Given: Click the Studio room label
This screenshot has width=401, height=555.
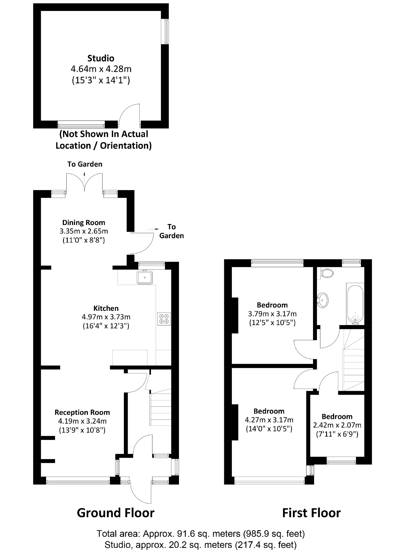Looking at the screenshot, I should pyautogui.click(x=101, y=58).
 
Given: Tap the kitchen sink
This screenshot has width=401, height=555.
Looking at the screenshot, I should pyautogui.click(x=144, y=278).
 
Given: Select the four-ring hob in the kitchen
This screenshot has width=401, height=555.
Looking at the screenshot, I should pyautogui.click(x=164, y=319).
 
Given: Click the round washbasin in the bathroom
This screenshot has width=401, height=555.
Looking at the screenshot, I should pyautogui.click(x=323, y=300).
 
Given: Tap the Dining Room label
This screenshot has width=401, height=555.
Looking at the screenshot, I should pyautogui.click(x=84, y=222).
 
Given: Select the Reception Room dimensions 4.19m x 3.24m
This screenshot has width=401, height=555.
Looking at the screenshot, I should pyautogui.click(x=82, y=421).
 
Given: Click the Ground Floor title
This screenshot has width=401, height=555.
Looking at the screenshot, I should pyautogui.click(x=115, y=513).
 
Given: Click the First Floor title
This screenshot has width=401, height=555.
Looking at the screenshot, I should pyautogui.click(x=311, y=513).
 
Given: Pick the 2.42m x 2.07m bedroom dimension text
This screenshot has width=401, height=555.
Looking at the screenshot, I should pyautogui.click(x=337, y=425).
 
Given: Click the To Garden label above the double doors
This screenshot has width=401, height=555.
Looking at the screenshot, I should pyautogui.click(x=85, y=164).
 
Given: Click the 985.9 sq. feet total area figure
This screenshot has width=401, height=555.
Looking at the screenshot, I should pyautogui.click(x=274, y=534).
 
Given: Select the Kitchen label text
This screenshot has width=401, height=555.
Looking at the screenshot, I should pyautogui.click(x=106, y=308).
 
